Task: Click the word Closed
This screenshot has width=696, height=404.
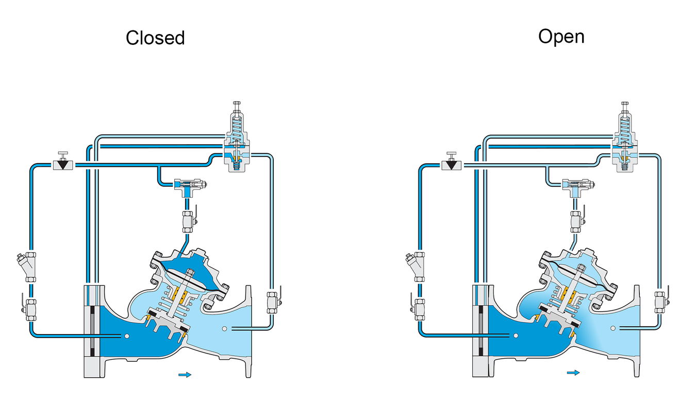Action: (x=155, y=38)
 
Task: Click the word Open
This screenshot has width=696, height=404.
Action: (x=561, y=37)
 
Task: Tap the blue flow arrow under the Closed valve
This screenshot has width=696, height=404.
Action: (x=185, y=375)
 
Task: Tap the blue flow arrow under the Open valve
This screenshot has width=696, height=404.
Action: (x=573, y=373)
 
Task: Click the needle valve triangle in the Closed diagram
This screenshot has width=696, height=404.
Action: (x=63, y=164)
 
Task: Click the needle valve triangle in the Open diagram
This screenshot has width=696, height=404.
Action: (x=452, y=164)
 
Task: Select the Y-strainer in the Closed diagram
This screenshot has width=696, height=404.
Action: (x=27, y=267)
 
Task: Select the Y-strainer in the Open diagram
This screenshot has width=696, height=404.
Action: (x=416, y=267)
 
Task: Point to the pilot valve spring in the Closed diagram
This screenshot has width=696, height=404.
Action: (x=237, y=127)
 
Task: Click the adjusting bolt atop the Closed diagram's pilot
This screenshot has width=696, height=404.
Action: (x=237, y=107)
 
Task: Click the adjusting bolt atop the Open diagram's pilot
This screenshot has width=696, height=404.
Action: (x=625, y=107)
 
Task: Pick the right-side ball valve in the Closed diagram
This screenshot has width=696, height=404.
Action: (x=273, y=302)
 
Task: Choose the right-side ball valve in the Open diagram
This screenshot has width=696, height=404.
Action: (x=661, y=302)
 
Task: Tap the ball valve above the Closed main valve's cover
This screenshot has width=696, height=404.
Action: (x=189, y=221)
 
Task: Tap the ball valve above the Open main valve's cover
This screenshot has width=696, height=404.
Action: (x=577, y=221)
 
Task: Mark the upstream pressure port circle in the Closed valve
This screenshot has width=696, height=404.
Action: (x=126, y=336)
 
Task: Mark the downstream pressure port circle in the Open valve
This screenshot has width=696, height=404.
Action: (x=612, y=328)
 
